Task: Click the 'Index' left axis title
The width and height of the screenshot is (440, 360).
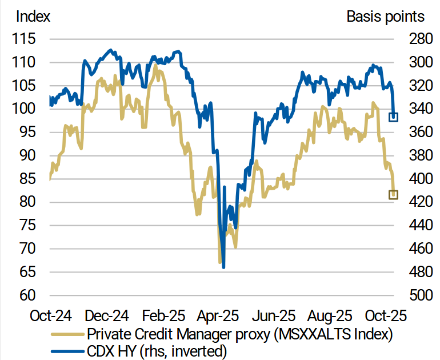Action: click(33, 16)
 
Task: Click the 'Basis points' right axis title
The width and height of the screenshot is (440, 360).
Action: click(386, 16)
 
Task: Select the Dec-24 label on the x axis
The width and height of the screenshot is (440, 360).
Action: click(107, 315)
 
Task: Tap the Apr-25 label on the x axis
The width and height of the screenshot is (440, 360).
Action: click(218, 315)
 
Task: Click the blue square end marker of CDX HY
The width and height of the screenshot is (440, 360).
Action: click(393, 117)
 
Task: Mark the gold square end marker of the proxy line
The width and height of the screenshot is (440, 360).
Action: click(393, 195)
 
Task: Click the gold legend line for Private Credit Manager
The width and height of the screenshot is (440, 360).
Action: click(67, 334)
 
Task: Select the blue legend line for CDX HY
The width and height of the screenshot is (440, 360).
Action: click(67, 350)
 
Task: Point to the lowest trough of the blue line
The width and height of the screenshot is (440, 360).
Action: click(223, 267)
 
